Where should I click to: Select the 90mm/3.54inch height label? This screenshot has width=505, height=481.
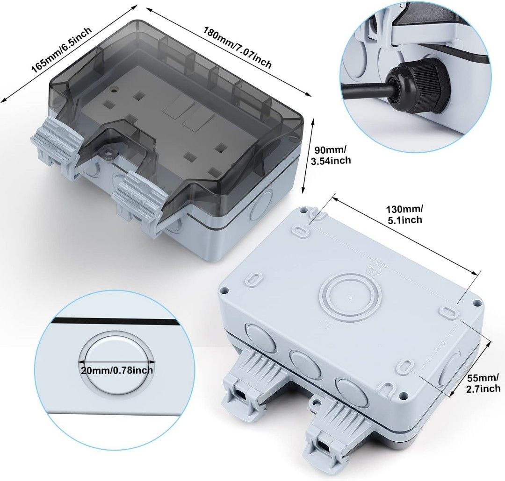331,155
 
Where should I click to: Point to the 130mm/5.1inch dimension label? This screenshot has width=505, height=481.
405,214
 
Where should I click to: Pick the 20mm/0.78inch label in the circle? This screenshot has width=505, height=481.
116,370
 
